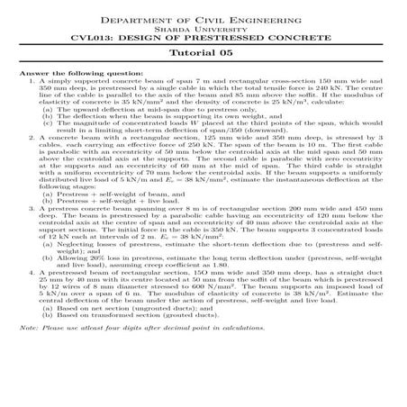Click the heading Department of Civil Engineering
203,18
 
